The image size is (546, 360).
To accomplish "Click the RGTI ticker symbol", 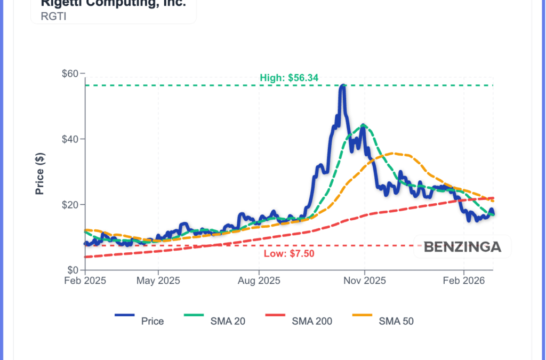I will pos(51,16).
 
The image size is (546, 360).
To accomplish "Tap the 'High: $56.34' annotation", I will pos(289,78).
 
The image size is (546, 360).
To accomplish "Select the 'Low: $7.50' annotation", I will pos(289,253).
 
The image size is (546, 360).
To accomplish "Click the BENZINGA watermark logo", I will pos(462,247).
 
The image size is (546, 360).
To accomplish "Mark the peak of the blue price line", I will pos(342,86).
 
